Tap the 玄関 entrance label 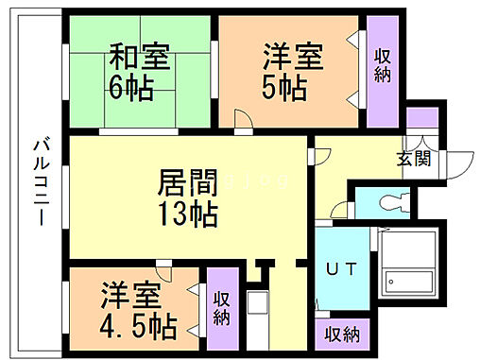pos(413,158)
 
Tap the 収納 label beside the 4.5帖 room pos(221,309)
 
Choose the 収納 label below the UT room pos(342,334)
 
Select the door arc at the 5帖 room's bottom pos(243,117)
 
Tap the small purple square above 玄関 pos(417,118)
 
